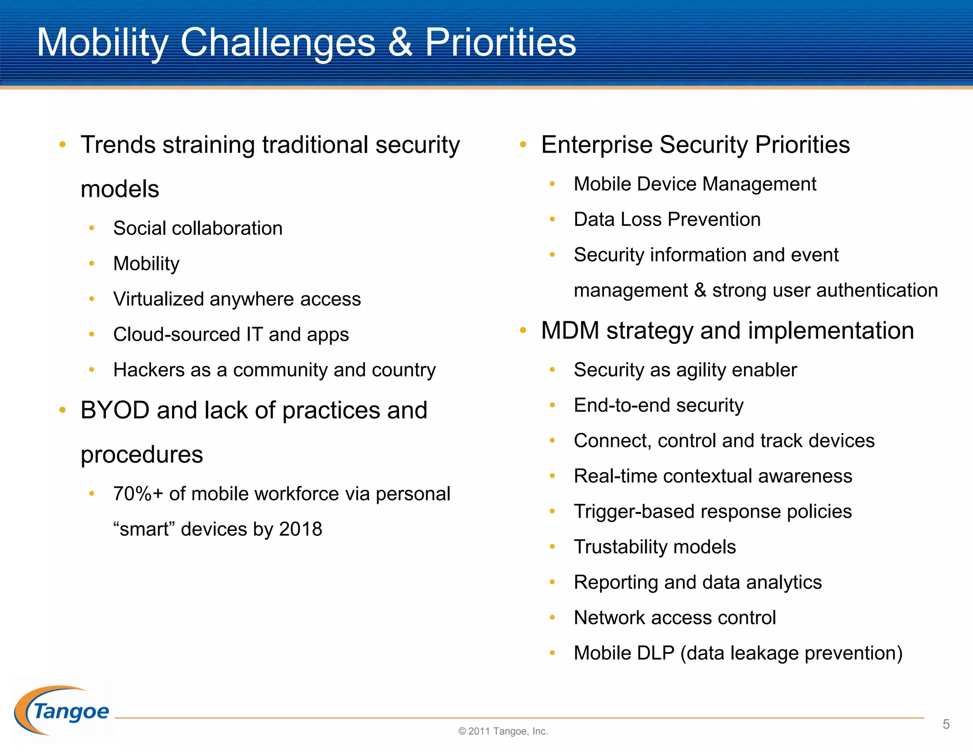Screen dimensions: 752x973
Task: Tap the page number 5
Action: [x=946, y=724]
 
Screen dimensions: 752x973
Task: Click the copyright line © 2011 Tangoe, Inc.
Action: [x=503, y=731]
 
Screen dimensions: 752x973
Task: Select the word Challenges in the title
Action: [x=278, y=43]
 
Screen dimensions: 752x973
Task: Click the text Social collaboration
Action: [x=198, y=228]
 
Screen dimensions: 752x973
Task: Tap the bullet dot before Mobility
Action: [x=92, y=263]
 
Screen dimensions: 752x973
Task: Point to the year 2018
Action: [x=300, y=529]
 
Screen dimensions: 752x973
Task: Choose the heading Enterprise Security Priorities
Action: [x=695, y=145]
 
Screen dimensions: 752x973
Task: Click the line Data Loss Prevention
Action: [x=667, y=220]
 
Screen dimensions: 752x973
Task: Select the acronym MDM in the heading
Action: [x=570, y=330]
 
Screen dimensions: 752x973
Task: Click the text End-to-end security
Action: [x=658, y=405]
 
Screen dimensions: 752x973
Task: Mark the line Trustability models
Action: [x=655, y=547]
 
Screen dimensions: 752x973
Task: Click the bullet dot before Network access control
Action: [x=552, y=617]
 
